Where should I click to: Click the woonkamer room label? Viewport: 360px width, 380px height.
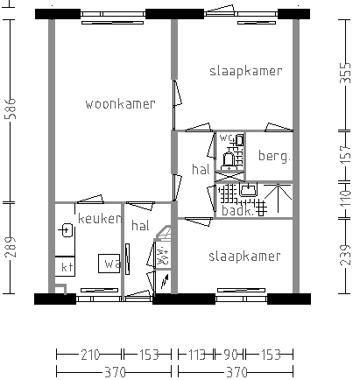(x=120, y=104)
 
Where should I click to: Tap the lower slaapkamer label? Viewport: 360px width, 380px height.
(x=244, y=257)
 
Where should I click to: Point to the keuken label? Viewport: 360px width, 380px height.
(x=98, y=218)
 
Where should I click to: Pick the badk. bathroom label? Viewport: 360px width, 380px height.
(x=236, y=211)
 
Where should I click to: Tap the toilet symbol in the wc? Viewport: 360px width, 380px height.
(x=230, y=158)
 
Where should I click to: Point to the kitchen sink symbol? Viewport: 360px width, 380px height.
(x=67, y=230)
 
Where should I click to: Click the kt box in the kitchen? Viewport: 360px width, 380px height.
(x=65, y=266)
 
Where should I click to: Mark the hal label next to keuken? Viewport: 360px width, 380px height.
(x=140, y=226)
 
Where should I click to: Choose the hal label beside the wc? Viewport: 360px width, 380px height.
(x=200, y=169)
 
